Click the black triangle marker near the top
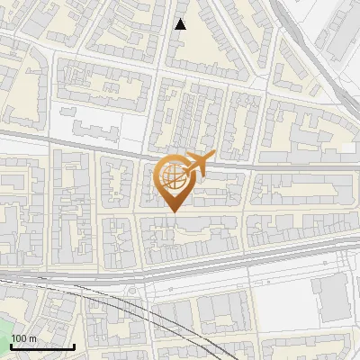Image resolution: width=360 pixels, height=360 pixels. point(181,24)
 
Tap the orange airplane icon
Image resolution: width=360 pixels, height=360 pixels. point(197,164)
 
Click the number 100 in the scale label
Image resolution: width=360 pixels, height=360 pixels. point(19,338)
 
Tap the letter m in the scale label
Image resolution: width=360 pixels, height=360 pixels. point(32,338)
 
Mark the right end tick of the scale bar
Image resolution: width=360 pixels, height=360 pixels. point(74,346)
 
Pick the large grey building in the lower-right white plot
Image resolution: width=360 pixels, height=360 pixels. point(331,298)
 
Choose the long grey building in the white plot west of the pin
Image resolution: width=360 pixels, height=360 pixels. point(94,131)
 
